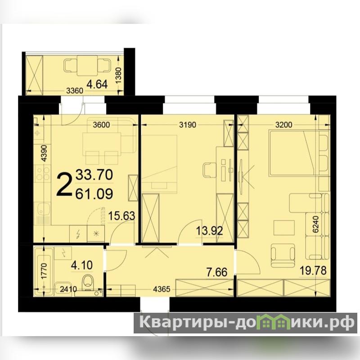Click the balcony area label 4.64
pyautogui.click(x=97, y=84)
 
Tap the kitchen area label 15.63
pyautogui.click(x=121, y=216)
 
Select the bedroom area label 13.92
pyautogui.click(x=209, y=230)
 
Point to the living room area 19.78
pyautogui.click(x=313, y=270)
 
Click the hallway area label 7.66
pyautogui.click(x=217, y=272)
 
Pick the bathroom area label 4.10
pyautogui.click(x=82, y=265)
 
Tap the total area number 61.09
pyautogui.click(x=94, y=193)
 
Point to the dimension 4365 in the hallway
pyautogui.click(x=162, y=289)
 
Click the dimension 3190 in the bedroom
pyautogui.click(x=188, y=125)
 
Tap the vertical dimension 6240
pyautogui.click(x=316, y=224)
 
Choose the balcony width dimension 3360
pyautogui.click(x=75, y=91)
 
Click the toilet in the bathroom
pyautogui.click(x=88, y=283)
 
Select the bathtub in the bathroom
pyautogui.click(x=44, y=271)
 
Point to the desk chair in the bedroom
pyautogui.click(x=209, y=170)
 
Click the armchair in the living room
pyautogui.click(x=283, y=256)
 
